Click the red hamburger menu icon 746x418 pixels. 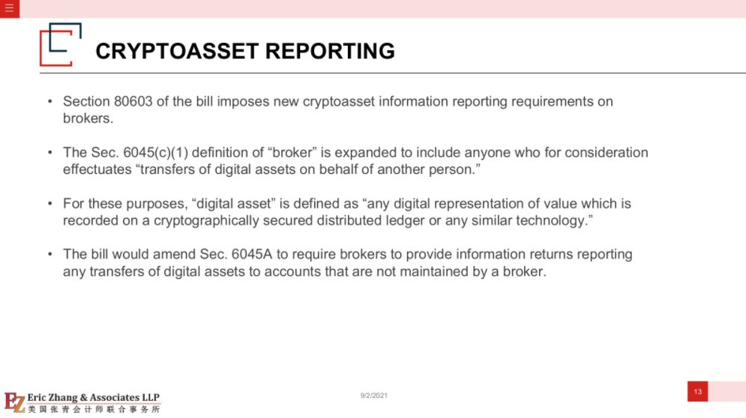tap(10, 8)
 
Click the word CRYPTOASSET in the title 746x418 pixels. tap(177, 51)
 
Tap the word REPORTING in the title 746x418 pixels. tap(330, 51)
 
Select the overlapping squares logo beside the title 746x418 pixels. tap(61, 44)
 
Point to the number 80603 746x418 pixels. tap(133, 101)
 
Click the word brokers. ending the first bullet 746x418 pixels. tap(88, 118)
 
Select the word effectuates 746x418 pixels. tap(97, 169)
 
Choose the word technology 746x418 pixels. tap(554, 221)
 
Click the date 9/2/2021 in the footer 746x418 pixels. tap(374, 396)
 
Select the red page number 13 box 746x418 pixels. tap(697, 391)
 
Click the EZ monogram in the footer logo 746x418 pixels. tap(15, 402)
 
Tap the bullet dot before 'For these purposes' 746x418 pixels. tap(50, 204)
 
